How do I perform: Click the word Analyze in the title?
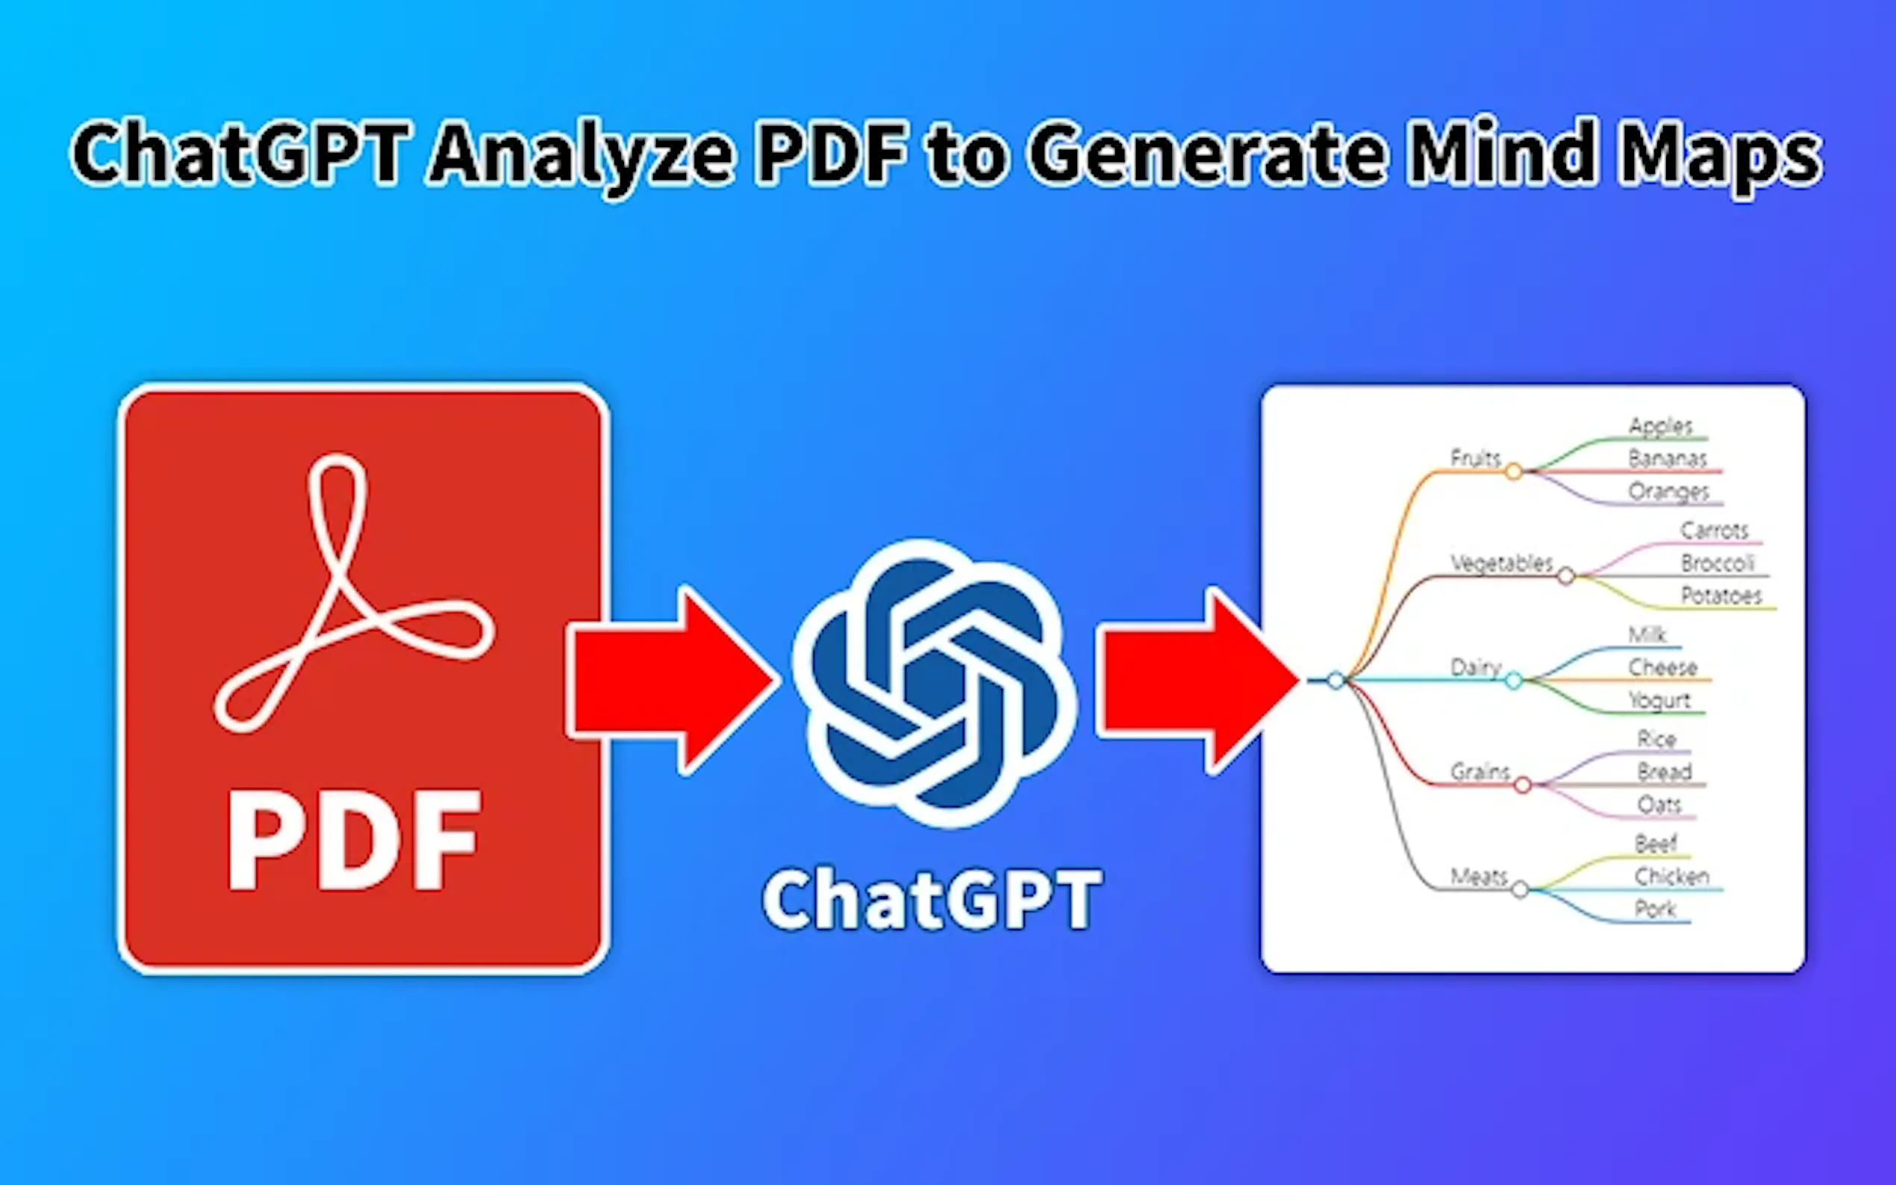[x=581, y=154]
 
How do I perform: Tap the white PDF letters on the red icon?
[x=355, y=840]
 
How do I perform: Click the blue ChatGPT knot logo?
[x=935, y=682]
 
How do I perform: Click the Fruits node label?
[x=1474, y=457]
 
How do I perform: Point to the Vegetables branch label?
[x=1501, y=563]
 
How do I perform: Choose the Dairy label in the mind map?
[x=1474, y=667]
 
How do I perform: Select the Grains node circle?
[x=1522, y=784]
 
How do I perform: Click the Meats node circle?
[x=1520, y=889]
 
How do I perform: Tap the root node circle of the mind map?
[x=1336, y=681]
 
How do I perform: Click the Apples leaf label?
[x=1661, y=425]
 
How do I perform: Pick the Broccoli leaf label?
[x=1717, y=563]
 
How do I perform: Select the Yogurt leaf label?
[x=1659, y=700]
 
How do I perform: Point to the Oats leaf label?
[x=1659, y=805]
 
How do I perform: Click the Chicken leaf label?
[x=1671, y=876]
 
